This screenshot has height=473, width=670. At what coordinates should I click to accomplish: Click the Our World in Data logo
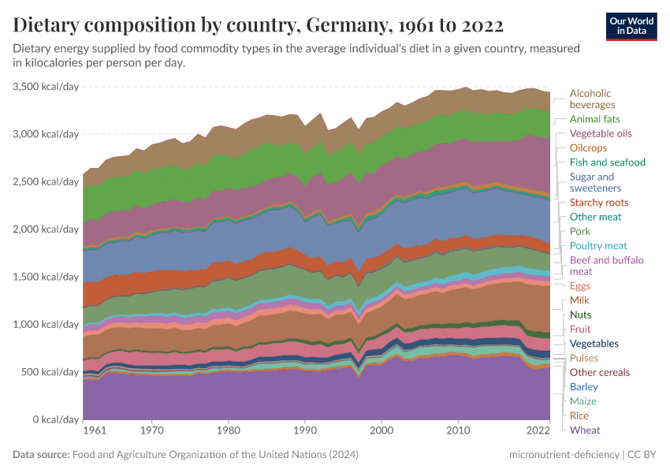click(x=631, y=26)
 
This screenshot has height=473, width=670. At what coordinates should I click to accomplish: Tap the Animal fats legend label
click(x=595, y=119)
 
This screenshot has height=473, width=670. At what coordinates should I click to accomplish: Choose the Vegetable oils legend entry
click(x=601, y=133)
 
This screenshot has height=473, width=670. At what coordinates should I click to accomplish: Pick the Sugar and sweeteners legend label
click(x=595, y=182)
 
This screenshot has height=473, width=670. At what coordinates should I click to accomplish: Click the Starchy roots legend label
click(x=599, y=203)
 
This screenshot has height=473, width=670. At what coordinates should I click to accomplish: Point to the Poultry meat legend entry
click(x=598, y=246)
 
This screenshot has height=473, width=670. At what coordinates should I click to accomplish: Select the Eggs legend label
click(x=579, y=286)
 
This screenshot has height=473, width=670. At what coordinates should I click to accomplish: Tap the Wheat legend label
click(x=584, y=430)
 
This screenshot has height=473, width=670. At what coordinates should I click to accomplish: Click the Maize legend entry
click(x=583, y=401)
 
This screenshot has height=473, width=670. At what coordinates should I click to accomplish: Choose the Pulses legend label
click(x=584, y=358)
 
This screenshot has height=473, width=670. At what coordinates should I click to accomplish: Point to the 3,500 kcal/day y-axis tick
click(x=47, y=87)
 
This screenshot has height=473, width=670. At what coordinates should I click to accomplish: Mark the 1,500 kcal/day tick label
click(x=47, y=277)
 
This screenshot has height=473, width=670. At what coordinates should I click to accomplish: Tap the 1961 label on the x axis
click(x=94, y=431)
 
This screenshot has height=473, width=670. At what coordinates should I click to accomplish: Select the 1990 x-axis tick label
click(x=305, y=431)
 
